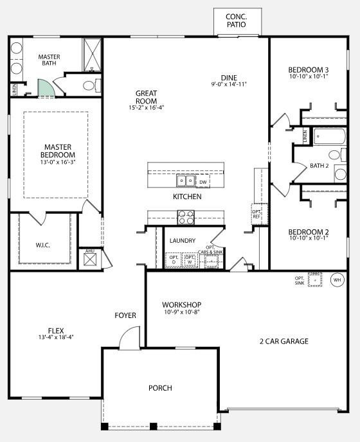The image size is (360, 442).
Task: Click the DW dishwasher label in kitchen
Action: (x=203, y=182)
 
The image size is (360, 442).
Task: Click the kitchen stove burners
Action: (x=186, y=218)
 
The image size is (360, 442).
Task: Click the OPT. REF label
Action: (x=256, y=213)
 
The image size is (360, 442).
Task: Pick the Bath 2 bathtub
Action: (x=330, y=137)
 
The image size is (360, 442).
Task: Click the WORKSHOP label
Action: (x=182, y=305)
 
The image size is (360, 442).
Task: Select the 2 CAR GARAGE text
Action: (x=283, y=341)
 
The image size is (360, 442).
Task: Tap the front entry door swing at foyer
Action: (x=130, y=339)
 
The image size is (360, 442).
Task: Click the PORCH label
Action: (x=160, y=388)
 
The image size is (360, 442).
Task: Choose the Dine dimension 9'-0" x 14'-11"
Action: (x=229, y=84)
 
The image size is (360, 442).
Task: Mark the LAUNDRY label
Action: (x=183, y=241)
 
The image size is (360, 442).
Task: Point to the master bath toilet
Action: (x=89, y=85)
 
